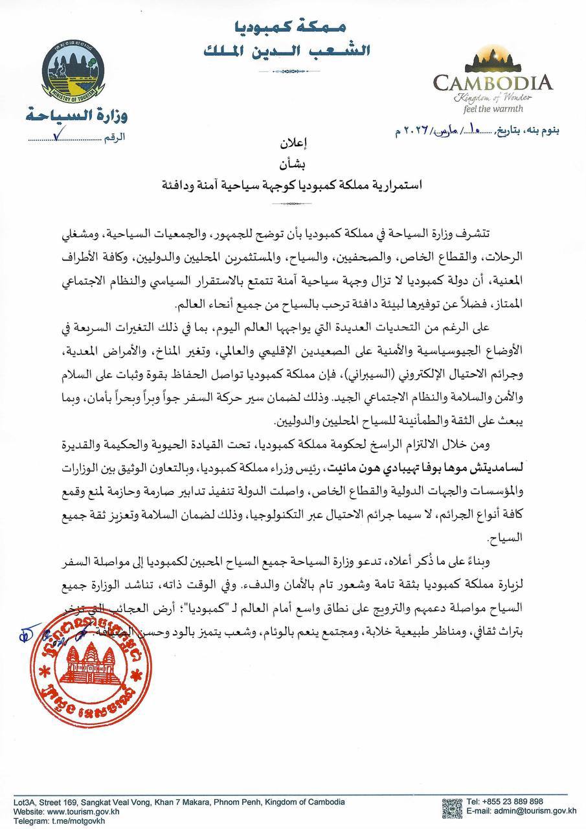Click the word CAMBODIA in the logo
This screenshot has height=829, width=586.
tap(493, 82)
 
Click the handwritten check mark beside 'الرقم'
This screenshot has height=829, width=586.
tap(60, 136)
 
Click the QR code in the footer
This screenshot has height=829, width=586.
tap(452, 810)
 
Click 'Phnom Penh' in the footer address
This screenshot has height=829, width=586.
tap(248, 802)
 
